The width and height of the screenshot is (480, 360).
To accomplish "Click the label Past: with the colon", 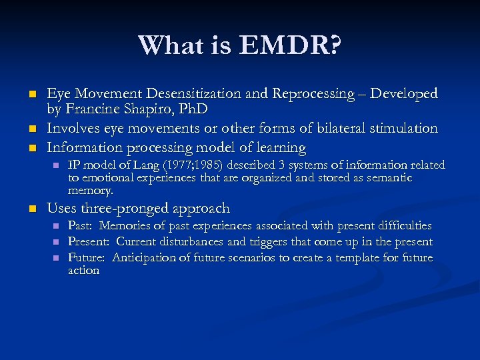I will coord(81,226).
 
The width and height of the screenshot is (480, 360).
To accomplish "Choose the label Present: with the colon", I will coord(89,241).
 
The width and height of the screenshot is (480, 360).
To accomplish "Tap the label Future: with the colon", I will coord(87,257).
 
